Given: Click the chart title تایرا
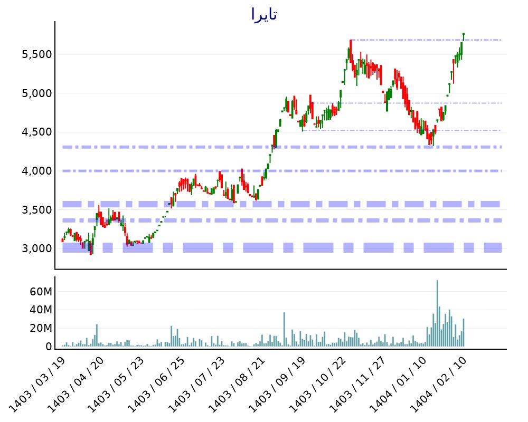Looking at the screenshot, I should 264,15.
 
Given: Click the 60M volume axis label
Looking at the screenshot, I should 40,292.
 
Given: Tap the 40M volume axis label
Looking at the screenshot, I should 40,310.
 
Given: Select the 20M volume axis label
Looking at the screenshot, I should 40,328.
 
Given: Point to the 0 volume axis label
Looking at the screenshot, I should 48,347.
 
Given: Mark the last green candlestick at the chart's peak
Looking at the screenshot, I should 463,36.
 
